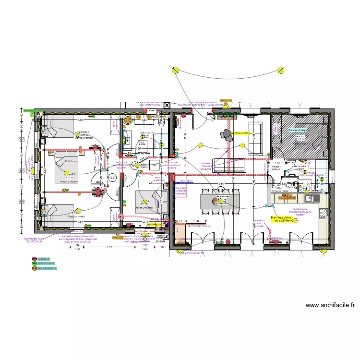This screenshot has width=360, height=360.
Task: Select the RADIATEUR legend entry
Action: point(44,259)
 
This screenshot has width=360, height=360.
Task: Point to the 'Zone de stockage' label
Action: point(298,130)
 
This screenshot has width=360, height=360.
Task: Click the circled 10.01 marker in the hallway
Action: point(113,178)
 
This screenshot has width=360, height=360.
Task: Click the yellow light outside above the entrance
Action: point(176,71)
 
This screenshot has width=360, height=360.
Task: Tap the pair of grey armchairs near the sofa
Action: point(226,135)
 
